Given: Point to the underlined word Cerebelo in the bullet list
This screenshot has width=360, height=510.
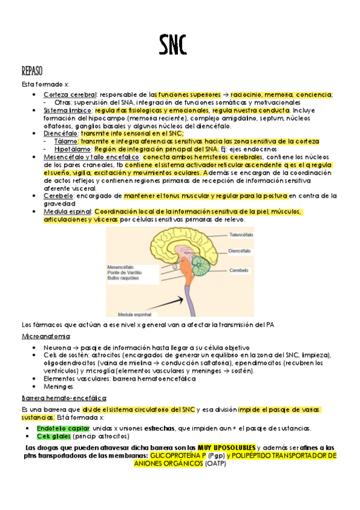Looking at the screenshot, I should [x=58, y=196].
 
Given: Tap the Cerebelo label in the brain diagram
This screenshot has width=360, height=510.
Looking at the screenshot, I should [x=239, y=271].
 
